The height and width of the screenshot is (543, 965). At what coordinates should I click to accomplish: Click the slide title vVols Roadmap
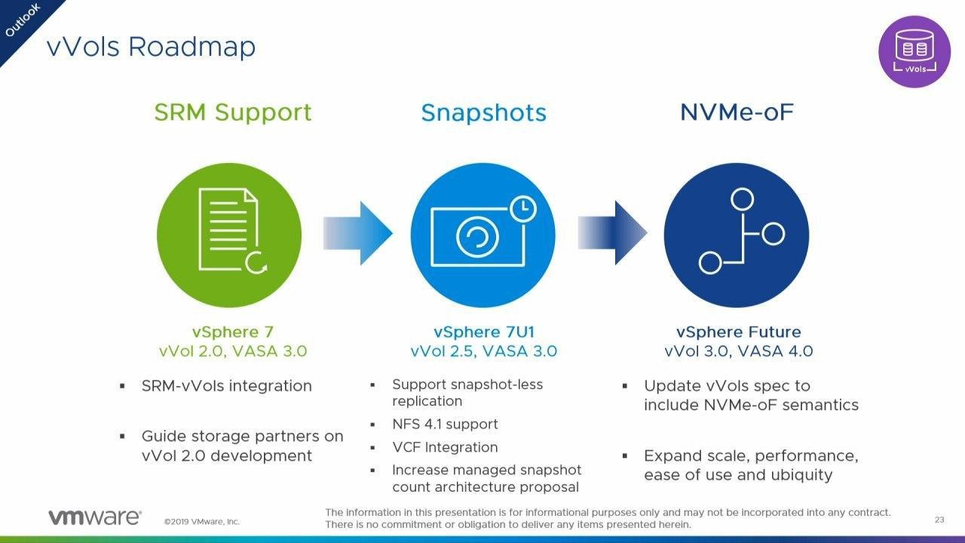click(151, 47)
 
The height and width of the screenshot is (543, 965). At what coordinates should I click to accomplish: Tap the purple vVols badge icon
click(914, 51)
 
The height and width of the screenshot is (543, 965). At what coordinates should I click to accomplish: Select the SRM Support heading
click(232, 112)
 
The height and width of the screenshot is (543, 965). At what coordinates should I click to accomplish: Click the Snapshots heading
click(483, 113)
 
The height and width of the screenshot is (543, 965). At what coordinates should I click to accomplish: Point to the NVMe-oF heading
click(737, 112)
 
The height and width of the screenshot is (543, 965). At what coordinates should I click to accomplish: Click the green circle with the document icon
click(229, 234)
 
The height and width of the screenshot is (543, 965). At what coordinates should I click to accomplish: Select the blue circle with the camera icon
click(482, 234)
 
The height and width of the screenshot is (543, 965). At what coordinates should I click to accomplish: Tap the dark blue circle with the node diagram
click(736, 234)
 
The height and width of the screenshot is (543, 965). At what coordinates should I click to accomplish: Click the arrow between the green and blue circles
click(357, 233)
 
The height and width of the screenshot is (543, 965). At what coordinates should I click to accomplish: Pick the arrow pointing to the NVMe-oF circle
click(611, 233)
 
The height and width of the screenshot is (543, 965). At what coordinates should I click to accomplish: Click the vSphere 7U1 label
click(483, 332)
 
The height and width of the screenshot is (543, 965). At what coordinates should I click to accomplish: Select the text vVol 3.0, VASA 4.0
click(738, 351)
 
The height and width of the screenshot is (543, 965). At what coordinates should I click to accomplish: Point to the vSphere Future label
click(738, 332)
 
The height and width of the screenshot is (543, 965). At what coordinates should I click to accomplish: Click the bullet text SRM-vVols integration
click(226, 386)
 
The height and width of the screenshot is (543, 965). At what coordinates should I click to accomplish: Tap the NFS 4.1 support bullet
click(445, 425)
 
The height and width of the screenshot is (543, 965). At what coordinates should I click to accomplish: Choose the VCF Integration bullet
click(445, 447)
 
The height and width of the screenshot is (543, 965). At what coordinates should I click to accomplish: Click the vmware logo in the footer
click(94, 517)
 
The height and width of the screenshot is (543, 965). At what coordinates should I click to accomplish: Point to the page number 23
click(939, 520)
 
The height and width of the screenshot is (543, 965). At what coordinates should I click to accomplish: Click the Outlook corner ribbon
click(23, 21)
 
